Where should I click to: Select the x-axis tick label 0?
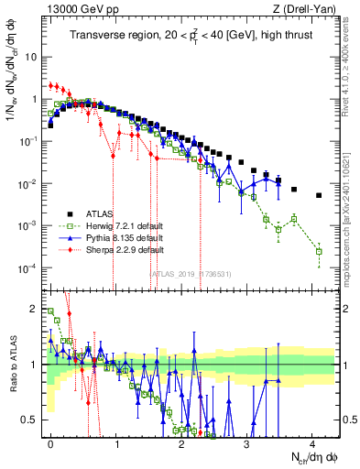pos(51,444)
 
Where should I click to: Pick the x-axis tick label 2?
pos(181,444)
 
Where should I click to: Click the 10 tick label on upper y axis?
pos(31,57)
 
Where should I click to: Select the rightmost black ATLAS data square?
pos(319,195)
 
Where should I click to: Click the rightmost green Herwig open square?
pos(319,251)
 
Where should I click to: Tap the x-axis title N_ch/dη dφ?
pos(314,459)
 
